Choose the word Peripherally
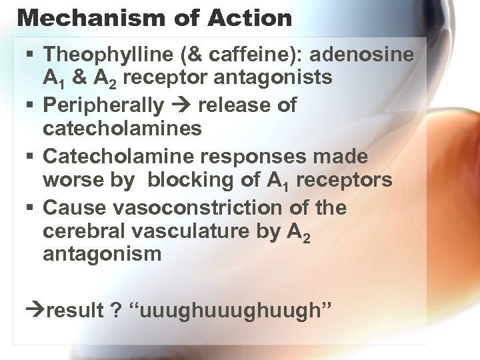pos(103,105)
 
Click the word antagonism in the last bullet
pos(102,254)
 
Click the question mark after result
pos(116,310)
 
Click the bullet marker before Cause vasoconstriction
pos(32,208)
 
